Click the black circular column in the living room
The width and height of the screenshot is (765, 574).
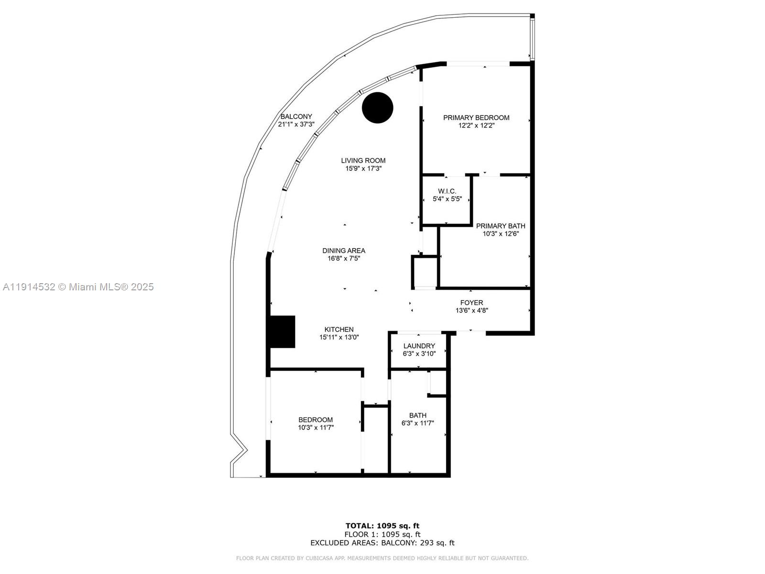pos(377,108)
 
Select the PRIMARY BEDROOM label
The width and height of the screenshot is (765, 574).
pos(476,118)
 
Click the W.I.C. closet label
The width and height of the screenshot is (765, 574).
pos(447,191)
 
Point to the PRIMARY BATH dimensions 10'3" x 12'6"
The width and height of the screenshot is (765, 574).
pos(501,234)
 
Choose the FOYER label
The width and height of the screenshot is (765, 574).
pos(471,303)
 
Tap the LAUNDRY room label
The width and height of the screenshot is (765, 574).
pos(419,346)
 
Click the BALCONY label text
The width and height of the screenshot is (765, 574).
pos(296,116)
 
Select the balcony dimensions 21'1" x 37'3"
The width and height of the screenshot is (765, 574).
pos(296,124)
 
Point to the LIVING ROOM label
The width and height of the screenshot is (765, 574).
pos(363,161)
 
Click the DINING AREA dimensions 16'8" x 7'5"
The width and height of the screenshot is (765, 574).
pos(344,259)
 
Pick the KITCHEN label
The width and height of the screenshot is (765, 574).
pos(339,330)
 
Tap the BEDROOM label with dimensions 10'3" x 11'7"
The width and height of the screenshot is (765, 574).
pos(316,420)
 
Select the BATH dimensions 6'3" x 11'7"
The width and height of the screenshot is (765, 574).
pos(417,423)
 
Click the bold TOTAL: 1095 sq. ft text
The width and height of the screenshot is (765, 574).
pos(382,526)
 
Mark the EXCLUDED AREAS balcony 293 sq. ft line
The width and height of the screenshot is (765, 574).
pos(382,543)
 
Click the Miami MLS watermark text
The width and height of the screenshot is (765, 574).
pos(78,287)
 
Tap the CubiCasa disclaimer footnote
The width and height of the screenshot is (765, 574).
pos(382,558)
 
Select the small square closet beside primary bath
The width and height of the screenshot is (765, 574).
pos(425,272)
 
